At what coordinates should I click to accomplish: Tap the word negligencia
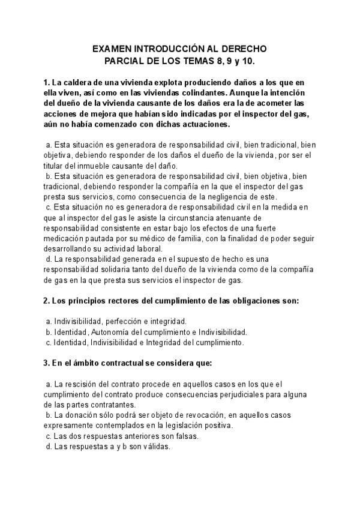242,197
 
